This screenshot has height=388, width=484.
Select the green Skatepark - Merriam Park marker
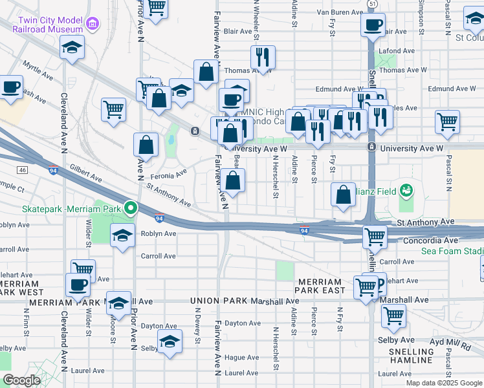coord(131,208)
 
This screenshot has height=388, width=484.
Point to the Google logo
coord(21,380)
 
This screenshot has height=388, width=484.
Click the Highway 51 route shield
coord(371,4)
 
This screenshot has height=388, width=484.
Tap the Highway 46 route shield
coord(23,170)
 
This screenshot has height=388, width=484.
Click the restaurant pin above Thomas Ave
coord(263,57)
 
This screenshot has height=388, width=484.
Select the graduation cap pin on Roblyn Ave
coord(121,236)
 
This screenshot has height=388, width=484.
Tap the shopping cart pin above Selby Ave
coord(393,316)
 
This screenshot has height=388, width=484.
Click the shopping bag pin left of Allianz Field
coord(344,194)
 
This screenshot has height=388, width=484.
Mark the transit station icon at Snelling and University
coord(371,147)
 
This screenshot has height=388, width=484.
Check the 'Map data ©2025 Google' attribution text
coord(443,383)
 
